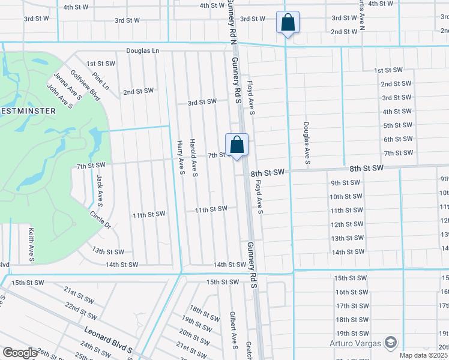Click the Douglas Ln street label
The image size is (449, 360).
click(x=142, y=52)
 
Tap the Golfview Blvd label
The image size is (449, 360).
click(x=85, y=85)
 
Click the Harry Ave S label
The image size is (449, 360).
click(x=180, y=158)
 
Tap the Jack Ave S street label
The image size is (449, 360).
click(x=100, y=191)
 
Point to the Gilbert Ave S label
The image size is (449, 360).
click(x=233, y=329)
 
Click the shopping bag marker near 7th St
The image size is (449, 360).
click(x=237, y=145)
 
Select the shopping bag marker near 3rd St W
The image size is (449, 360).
click(x=288, y=23)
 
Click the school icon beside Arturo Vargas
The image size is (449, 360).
click(x=391, y=343)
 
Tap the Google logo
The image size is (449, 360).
click(x=20, y=353)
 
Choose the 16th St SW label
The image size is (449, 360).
click(x=350, y=292)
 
